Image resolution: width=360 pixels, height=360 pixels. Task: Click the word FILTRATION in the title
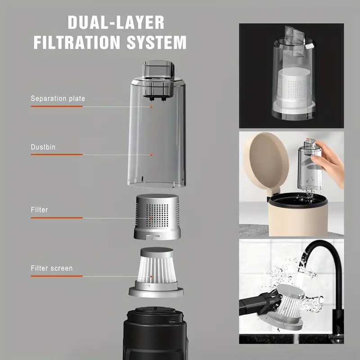[x=76, y=42]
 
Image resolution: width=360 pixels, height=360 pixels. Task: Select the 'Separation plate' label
[x=58, y=98]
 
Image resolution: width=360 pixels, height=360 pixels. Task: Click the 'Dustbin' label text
[x=43, y=147]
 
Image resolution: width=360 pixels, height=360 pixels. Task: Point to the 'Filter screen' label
[x=51, y=268]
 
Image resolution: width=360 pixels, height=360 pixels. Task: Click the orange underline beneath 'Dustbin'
[x=57, y=154]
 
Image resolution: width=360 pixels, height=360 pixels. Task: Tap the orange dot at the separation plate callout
[x=151, y=107]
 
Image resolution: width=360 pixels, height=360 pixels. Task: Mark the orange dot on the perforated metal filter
[x=151, y=217]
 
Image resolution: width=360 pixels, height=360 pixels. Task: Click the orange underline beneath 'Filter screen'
[x=57, y=276]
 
